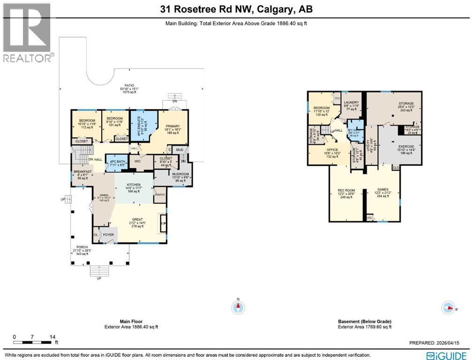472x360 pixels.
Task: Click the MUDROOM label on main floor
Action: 172,174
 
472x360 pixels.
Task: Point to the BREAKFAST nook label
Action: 82,172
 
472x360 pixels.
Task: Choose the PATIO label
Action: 123,85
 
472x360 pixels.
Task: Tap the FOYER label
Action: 108,234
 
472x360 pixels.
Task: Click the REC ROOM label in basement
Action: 345,190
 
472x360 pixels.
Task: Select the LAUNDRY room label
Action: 351,103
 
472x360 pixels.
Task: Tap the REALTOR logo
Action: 27,33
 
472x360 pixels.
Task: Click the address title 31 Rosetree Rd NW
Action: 236,9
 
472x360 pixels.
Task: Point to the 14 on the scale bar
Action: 52,337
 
